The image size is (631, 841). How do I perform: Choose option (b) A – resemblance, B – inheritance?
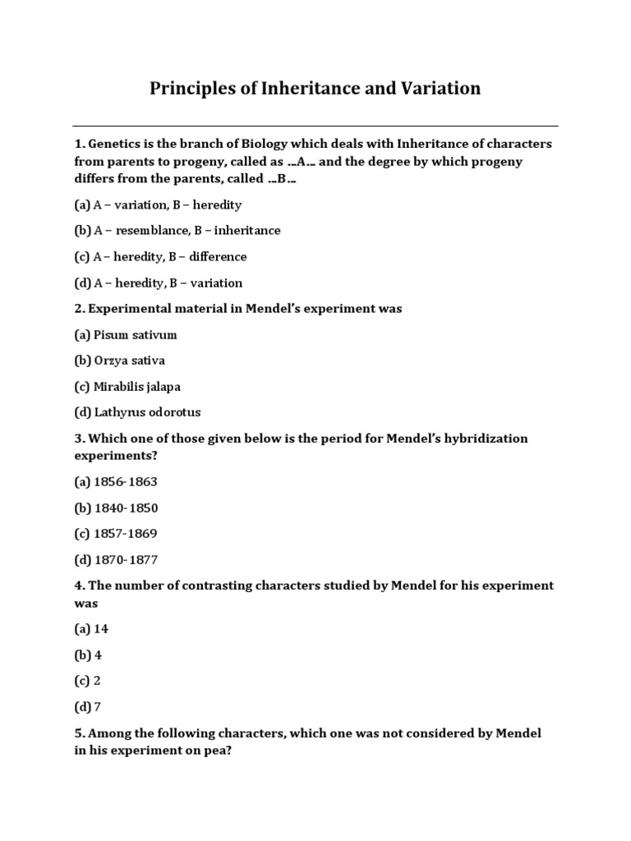[177, 231]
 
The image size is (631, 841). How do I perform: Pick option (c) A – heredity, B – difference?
[160, 257]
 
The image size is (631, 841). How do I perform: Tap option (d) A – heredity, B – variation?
[158, 283]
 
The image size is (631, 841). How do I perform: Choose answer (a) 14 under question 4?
[91, 629]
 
